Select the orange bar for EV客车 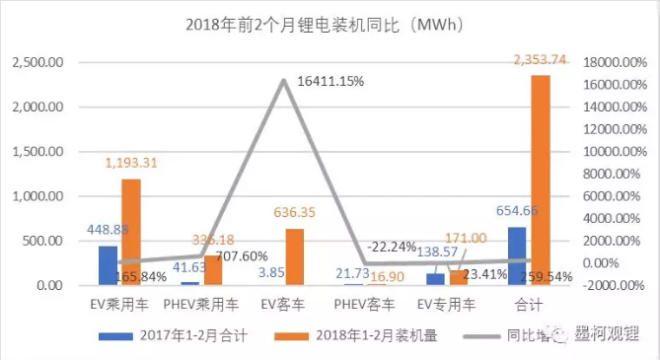coord(294,257)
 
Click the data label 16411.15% coord(330,82)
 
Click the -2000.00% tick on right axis coord(617,286)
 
